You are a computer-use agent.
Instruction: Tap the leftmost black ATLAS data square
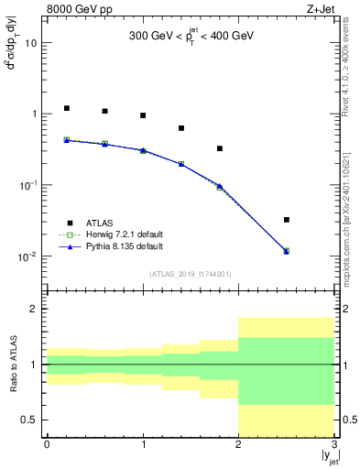[66, 108]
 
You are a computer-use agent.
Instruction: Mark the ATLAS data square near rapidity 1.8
[220, 148]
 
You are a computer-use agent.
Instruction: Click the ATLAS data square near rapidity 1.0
[143, 115]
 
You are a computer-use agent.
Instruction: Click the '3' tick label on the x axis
[334, 444]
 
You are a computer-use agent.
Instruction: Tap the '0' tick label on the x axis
[47, 444]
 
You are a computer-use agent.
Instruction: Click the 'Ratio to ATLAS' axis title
[13, 364]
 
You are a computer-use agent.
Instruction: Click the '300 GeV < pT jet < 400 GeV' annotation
[191, 38]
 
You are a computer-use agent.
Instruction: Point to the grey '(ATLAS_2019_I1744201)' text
[191, 274]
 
